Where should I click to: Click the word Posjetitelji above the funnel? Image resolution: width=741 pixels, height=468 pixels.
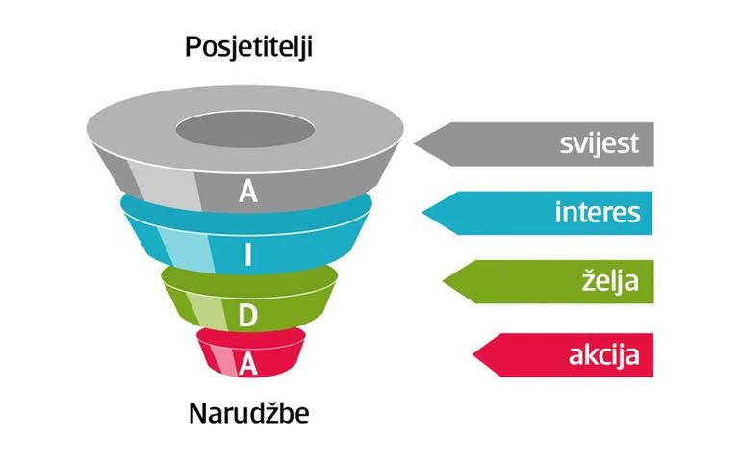click(x=248, y=48)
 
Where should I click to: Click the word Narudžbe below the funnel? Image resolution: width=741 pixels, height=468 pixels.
click(x=249, y=413)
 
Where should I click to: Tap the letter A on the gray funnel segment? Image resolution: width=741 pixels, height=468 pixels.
click(x=248, y=192)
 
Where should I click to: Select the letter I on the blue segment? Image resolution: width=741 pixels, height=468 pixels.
click(x=248, y=255)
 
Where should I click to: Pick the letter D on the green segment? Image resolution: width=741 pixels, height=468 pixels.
click(x=247, y=315)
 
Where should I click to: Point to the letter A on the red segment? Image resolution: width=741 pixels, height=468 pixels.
click(x=248, y=365)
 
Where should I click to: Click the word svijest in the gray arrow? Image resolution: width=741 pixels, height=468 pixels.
click(x=600, y=143)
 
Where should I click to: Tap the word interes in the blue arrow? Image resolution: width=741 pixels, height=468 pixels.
click(x=598, y=212)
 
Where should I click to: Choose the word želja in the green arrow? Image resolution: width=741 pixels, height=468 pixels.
click(x=610, y=281)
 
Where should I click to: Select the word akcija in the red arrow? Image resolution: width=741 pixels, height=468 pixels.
click(x=604, y=354)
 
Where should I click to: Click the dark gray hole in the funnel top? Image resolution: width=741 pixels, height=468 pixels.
click(x=245, y=130)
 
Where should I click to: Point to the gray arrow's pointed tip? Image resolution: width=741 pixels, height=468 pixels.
click(x=414, y=143)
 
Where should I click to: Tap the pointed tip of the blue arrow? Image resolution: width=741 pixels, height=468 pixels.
click(x=422, y=213)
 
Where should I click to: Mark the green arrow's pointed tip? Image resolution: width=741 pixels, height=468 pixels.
click(x=443, y=282)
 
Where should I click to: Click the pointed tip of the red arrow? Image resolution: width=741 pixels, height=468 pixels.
click(x=473, y=355)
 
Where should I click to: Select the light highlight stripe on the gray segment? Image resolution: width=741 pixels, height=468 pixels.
click(x=165, y=184)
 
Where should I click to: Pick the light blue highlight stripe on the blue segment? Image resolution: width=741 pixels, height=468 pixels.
click(x=185, y=247)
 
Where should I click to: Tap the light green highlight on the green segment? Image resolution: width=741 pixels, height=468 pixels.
click(x=206, y=310)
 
